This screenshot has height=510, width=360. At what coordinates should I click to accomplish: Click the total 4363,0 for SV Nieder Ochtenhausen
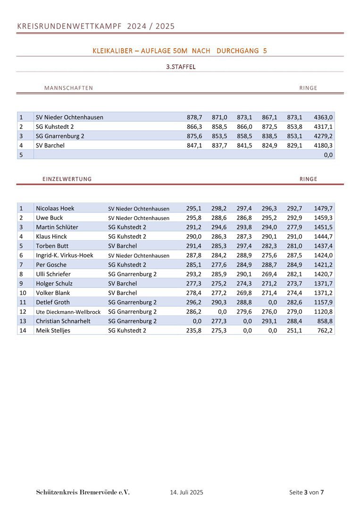pyautogui.click(x=323, y=117)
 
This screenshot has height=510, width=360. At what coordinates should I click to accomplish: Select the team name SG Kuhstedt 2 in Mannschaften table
pyautogui.click(x=55, y=127)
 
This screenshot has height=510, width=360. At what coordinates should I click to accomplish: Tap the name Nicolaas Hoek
pyautogui.click(x=55, y=208)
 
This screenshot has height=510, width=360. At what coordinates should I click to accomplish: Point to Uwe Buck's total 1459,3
pyautogui.click(x=323, y=218)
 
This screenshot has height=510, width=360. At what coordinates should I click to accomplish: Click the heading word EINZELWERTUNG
pyautogui.click(x=67, y=179)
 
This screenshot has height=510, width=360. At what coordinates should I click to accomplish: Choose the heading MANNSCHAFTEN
pyautogui.click(x=68, y=88)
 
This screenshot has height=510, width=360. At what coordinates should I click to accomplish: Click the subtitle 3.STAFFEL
pyautogui.click(x=181, y=67)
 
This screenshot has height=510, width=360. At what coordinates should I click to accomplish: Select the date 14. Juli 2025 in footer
pyautogui.click(x=186, y=493)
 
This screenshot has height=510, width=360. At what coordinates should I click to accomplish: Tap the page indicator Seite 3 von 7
pyautogui.click(x=306, y=493)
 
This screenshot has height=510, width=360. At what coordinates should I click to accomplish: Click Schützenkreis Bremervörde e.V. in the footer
pyautogui.click(x=83, y=493)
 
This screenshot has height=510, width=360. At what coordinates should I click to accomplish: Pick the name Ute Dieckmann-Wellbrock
pyautogui.click(x=68, y=312)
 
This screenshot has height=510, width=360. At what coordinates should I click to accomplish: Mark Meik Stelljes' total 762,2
pyautogui.click(x=325, y=331)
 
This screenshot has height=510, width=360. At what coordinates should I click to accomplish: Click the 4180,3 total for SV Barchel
pyautogui.click(x=323, y=145)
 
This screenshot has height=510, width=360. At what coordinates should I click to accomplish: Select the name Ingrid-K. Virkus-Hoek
pyautogui.click(x=65, y=255)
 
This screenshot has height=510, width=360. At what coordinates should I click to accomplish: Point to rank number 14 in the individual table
pyautogui.click(x=22, y=331)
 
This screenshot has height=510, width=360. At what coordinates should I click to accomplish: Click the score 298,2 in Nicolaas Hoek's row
pyautogui.click(x=219, y=208)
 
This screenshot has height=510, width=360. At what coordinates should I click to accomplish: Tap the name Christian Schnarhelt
pyautogui.click(x=63, y=321)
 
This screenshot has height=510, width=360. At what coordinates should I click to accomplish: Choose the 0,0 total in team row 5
pyautogui.click(x=328, y=155)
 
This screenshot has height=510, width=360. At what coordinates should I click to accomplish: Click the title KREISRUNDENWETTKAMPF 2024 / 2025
pyautogui.click(x=96, y=26)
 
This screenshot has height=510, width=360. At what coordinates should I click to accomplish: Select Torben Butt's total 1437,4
pyautogui.click(x=323, y=246)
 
